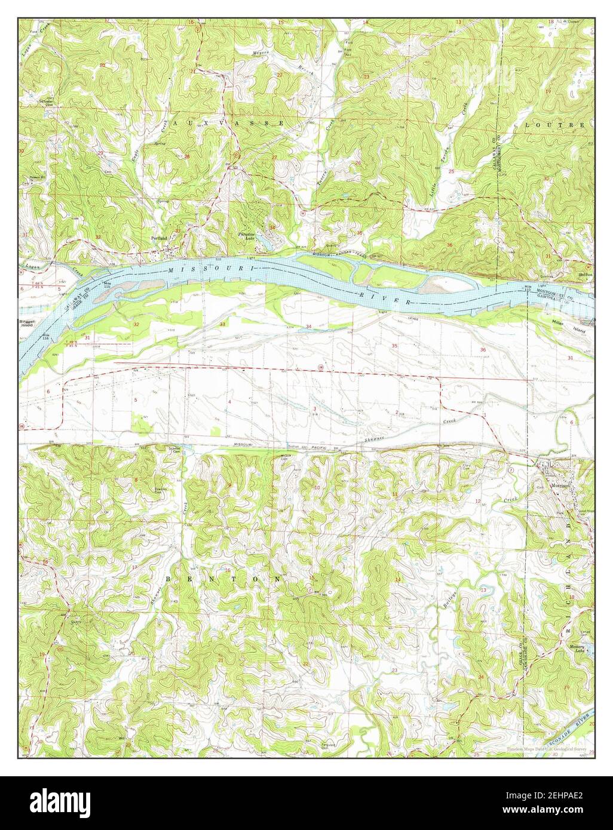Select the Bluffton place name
(x=584, y=276)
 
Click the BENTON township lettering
(x=223, y=579)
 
